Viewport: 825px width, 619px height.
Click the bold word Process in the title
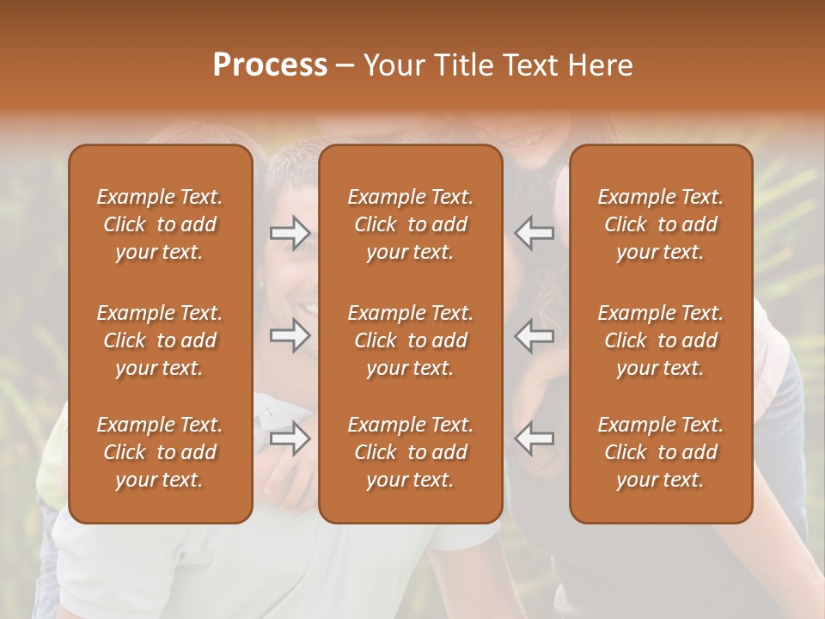point(270,65)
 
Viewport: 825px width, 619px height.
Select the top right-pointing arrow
point(290,233)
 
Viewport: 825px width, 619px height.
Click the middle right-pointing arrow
point(290,336)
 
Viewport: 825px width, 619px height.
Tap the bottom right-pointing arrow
point(290,438)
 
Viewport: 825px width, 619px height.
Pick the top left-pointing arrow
point(534,233)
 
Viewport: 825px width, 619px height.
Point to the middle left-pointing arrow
point(534,336)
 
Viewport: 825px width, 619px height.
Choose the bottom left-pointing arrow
point(534,438)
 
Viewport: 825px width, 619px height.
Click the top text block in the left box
point(160,224)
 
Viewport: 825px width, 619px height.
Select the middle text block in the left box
point(160,340)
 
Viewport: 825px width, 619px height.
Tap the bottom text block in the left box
point(160,452)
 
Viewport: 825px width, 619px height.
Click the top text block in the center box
point(410,224)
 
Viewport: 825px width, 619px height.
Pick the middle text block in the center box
point(410,340)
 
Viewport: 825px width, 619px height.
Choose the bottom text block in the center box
point(410,452)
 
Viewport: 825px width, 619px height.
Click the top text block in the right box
point(660,224)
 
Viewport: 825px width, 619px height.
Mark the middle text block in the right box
point(660,340)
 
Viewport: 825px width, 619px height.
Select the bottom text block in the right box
point(660,452)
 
